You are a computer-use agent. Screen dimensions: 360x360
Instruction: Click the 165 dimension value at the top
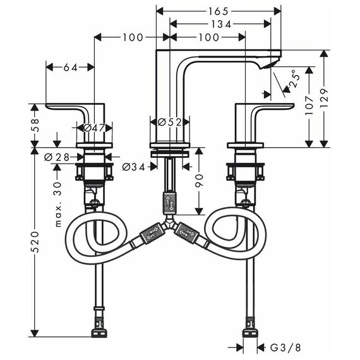218,11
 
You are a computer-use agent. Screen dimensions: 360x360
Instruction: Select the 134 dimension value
221,24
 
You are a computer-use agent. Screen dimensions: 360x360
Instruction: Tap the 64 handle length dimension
71,68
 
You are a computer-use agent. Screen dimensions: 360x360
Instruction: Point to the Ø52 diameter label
170,122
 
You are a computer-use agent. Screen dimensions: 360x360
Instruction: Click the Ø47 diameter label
94,128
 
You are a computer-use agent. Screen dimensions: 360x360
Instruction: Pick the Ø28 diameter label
57,157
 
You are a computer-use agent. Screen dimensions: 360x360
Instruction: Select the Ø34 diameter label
134,167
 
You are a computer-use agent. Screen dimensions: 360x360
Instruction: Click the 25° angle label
294,78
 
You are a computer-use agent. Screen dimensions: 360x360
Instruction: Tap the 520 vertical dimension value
35,242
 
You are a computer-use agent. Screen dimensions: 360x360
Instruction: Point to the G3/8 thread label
285,348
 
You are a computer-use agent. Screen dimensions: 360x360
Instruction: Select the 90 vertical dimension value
199,181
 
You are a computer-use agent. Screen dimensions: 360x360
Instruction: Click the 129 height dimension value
324,98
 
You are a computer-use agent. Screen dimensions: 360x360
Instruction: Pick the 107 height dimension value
309,106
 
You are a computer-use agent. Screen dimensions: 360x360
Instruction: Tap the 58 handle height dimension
35,125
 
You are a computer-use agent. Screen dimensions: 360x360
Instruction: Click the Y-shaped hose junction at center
169,223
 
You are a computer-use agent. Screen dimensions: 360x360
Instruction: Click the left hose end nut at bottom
99,333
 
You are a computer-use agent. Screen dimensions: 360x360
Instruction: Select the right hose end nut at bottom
250,333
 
